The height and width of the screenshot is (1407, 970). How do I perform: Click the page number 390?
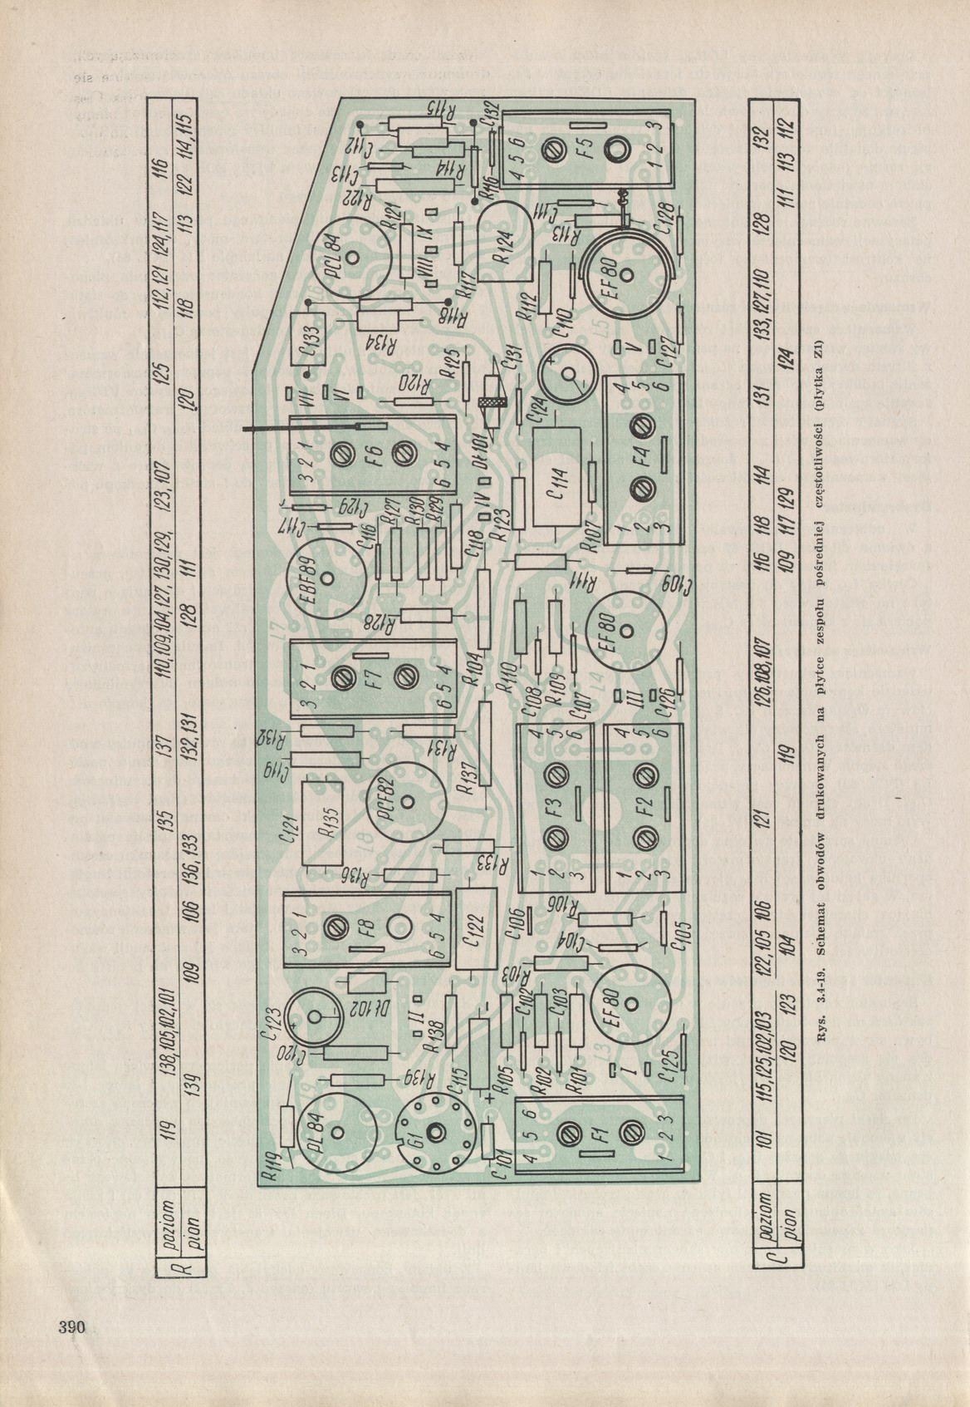(x=72, y=1326)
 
